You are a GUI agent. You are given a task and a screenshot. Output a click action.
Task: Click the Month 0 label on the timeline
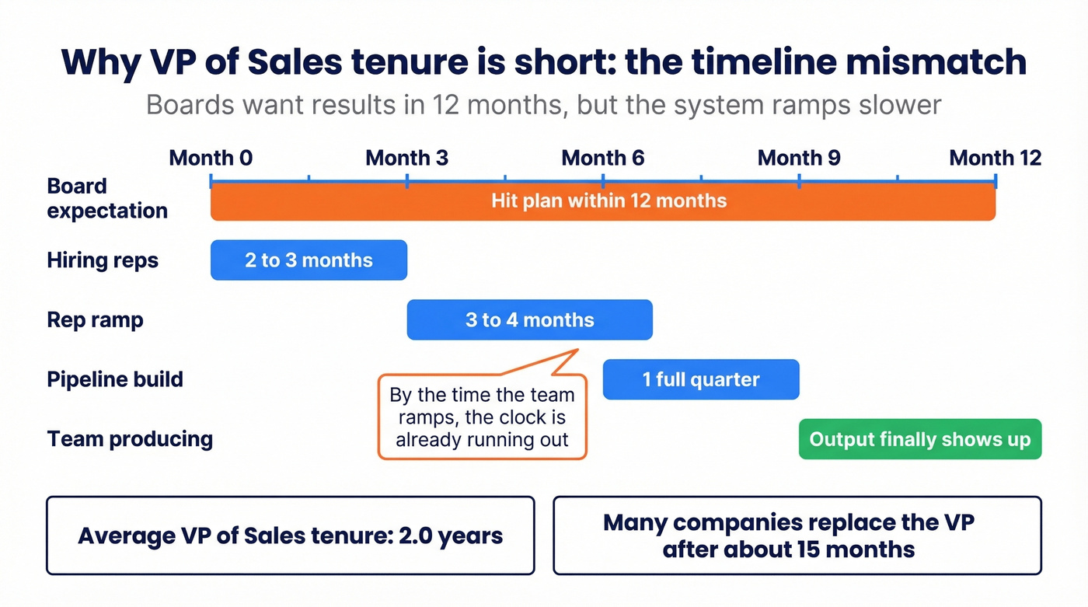(211, 159)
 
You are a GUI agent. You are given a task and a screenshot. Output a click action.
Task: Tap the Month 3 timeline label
(406, 159)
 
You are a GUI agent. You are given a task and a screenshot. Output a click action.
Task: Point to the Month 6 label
(603, 159)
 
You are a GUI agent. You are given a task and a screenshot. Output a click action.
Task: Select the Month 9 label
(799, 159)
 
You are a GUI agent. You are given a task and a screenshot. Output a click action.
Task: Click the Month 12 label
(995, 159)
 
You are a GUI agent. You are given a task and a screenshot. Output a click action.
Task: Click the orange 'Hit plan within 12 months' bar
(603, 202)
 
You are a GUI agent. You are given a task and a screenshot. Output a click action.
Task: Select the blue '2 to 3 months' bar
(309, 260)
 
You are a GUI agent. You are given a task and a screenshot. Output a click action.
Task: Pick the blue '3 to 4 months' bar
(529, 320)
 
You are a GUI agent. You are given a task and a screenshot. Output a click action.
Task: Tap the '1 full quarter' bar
(701, 380)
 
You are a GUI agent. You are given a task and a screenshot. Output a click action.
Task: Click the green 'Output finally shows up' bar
(920, 440)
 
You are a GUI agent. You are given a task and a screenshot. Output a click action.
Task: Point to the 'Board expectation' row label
(107, 198)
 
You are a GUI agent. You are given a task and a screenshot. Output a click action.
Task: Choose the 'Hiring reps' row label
(103, 260)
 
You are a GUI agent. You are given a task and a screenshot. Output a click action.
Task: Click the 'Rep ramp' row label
(95, 320)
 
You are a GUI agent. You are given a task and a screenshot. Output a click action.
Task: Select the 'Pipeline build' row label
(115, 380)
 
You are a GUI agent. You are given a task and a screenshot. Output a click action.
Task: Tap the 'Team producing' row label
(130, 439)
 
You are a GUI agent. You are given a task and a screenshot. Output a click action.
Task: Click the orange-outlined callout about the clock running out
(482, 417)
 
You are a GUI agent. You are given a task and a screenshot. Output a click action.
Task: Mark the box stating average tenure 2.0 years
(290, 535)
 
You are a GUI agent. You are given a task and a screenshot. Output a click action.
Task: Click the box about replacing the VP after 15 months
(797, 535)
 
